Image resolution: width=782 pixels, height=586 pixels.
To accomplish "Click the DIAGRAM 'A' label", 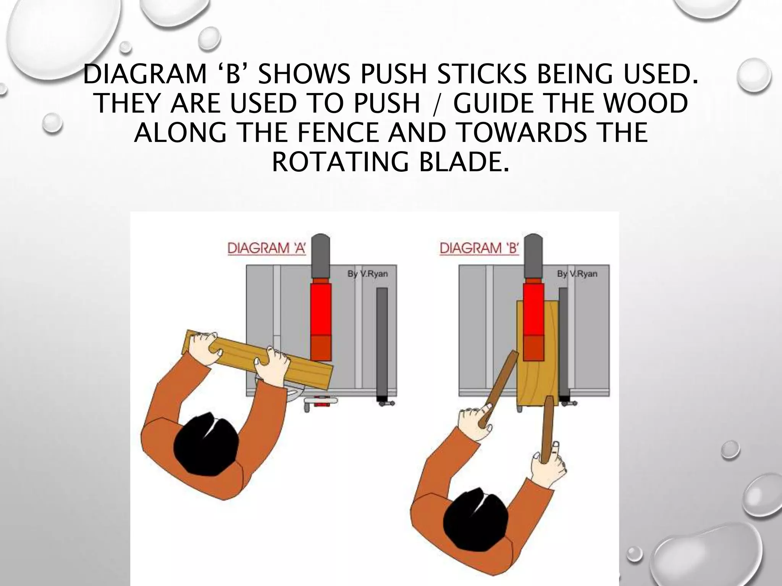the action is pos(267,248).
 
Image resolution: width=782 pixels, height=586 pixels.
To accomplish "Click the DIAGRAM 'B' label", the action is pos(479,248).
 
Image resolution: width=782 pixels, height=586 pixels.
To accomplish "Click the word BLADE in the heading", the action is pos(464,162).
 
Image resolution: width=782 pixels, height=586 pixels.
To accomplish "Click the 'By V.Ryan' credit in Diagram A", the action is pos(367,274).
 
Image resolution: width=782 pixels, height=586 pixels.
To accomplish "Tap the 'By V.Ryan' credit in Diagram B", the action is pos(577,274).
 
